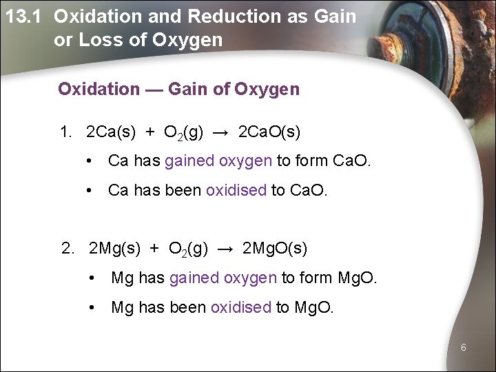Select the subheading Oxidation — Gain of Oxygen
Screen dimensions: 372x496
tap(178, 89)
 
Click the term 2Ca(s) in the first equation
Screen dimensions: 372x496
tap(111, 131)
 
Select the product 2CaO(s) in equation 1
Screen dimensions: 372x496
tap(269, 131)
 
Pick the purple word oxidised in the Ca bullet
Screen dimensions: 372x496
tap(236, 190)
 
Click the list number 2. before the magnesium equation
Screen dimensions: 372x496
tap(68, 248)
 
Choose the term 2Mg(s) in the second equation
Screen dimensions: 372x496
tap(115, 248)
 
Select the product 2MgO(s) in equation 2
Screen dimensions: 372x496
tap(276, 248)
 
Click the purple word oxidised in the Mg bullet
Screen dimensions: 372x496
tap(240, 307)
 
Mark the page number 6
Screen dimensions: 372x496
tap(464, 348)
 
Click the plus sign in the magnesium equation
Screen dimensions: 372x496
tap(154, 248)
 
